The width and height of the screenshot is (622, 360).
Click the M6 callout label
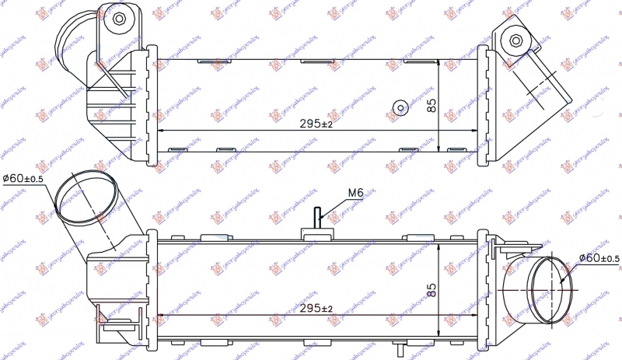tap(355, 192)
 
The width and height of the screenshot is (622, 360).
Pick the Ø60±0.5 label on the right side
tap(598, 258)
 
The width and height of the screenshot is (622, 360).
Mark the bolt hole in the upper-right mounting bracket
tap(515, 41)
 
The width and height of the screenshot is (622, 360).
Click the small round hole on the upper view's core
tap(400, 108)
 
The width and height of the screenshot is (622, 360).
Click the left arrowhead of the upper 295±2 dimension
tap(161, 130)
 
